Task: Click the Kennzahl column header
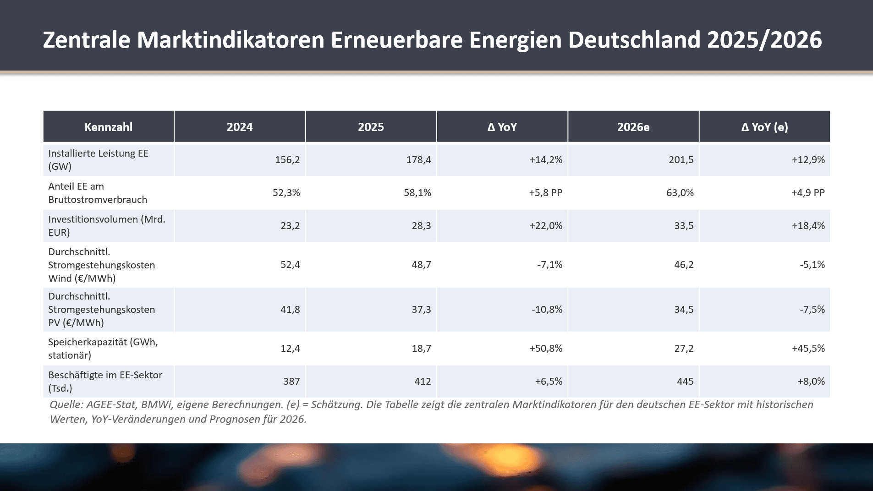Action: (x=108, y=127)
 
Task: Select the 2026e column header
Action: (x=633, y=127)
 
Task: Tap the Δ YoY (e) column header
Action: (x=764, y=127)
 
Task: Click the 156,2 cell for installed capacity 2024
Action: (x=287, y=160)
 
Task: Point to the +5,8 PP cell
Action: (x=545, y=193)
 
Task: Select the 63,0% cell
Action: (x=680, y=193)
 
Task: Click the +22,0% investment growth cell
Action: (x=545, y=226)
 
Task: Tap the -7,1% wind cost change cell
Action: (x=549, y=265)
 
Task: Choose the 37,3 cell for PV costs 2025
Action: (x=421, y=310)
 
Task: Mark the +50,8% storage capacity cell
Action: (x=545, y=349)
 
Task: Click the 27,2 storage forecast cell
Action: (x=684, y=349)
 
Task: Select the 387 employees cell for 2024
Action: (x=291, y=382)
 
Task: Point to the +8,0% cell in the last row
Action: (x=811, y=382)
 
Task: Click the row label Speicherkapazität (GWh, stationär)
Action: (x=103, y=349)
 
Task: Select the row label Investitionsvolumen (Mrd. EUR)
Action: (x=106, y=226)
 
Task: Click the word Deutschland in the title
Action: (x=634, y=40)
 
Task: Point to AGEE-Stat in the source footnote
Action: (x=111, y=405)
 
